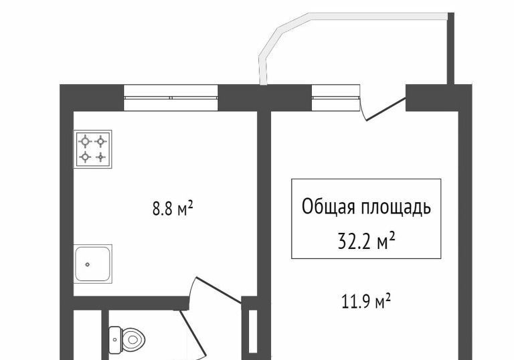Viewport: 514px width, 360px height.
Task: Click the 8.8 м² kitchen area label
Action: (x=173, y=209)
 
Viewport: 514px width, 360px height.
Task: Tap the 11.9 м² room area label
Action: (x=366, y=301)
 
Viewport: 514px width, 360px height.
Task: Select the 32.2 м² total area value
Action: (x=366, y=242)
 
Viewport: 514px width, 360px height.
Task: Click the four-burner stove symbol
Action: (x=93, y=149)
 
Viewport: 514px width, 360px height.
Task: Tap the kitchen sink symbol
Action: (x=93, y=264)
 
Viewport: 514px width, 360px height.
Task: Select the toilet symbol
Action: (x=127, y=339)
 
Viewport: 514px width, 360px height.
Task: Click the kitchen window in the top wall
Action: (x=171, y=98)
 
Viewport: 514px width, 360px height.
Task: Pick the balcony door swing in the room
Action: (x=385, y=108)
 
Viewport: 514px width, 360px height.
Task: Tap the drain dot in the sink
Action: (x=88, y=264)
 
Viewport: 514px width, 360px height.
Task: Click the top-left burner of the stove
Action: (x=85, y=141)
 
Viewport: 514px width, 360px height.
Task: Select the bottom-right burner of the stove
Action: (x=101, y=157)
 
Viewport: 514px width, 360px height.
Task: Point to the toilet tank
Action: (x=114, y=339)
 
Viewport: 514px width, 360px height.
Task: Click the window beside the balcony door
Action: (x=336, y=98)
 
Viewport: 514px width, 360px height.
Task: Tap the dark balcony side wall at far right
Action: (x=450, y=49)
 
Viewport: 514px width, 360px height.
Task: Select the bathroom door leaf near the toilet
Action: (x=193, y=335)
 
